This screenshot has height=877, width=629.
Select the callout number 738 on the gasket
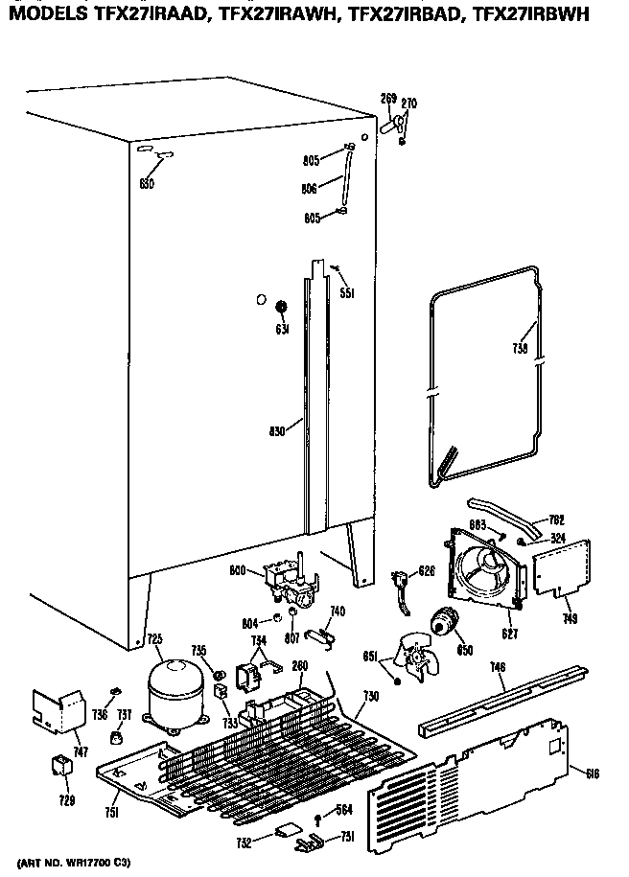520,350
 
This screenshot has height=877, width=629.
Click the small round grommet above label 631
282,307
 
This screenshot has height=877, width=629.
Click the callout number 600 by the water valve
237,571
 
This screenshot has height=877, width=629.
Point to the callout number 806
310,190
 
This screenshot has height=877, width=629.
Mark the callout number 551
346,293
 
